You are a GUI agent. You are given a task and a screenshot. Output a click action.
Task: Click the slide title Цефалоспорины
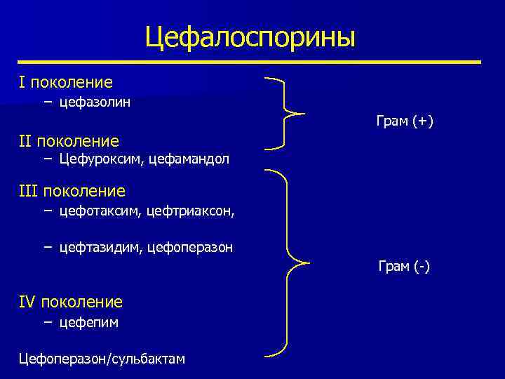[x=250, y=37]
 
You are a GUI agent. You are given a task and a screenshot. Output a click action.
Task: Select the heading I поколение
[x=66, y=83]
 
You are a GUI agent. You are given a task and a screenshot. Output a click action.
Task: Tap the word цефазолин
[x=95, y=102]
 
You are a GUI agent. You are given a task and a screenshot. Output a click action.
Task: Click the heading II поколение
[x=69, y=141]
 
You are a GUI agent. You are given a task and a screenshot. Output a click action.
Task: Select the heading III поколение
[x=72, y=191]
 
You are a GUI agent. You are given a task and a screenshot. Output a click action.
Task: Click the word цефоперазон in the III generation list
[x=191, y=247]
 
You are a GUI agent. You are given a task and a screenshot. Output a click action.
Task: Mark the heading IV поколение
[x=71, y=302]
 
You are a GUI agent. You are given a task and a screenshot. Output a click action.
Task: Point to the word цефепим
[x=88, y=322]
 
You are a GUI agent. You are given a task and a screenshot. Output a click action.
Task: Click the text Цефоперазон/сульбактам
[x=102, y=359]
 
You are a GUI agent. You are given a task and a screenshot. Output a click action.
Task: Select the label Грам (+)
[x=405, y=121]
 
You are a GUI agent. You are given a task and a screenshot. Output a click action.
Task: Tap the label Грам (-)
[x=404, y=267]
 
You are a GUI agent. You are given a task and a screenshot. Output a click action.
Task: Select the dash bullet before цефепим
[x=47, y=322]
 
